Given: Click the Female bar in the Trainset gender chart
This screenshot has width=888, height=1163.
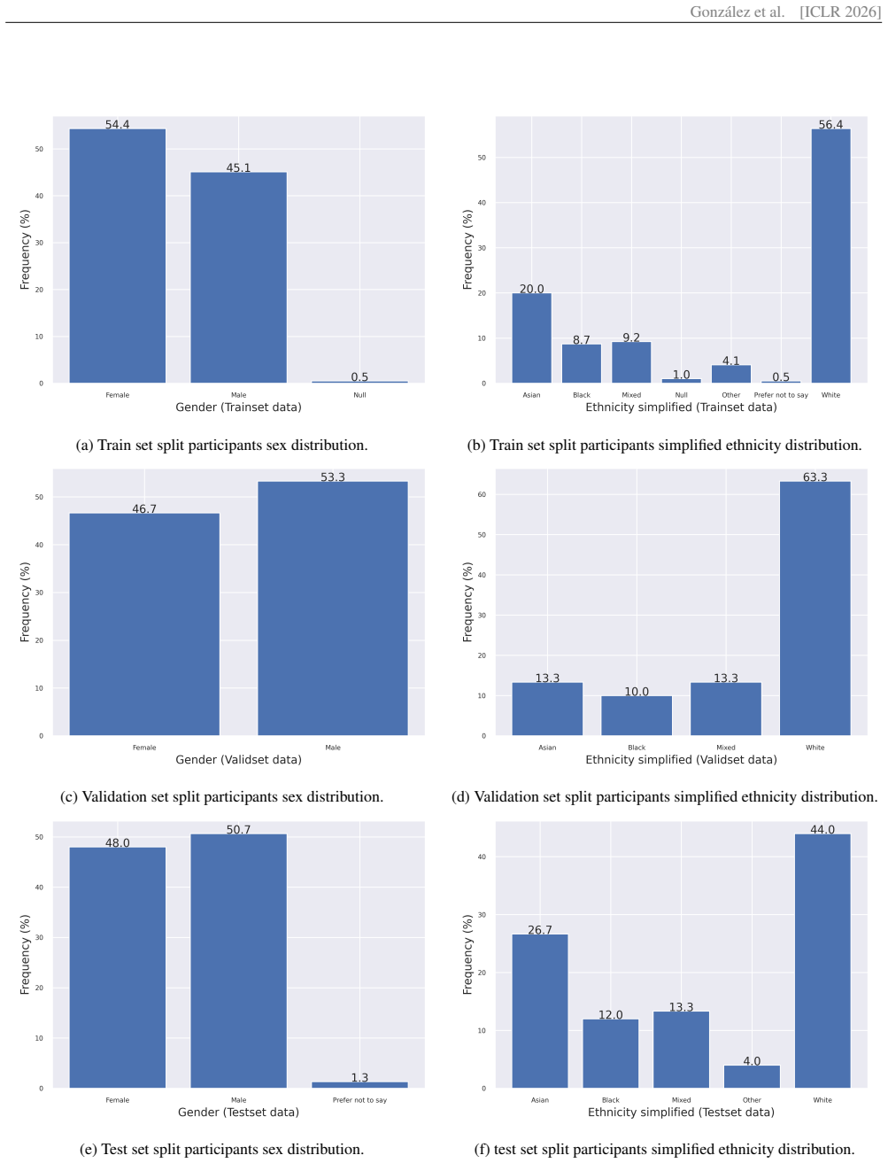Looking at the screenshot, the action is (118, 255).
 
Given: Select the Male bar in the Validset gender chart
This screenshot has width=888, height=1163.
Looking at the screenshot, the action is (333, 608).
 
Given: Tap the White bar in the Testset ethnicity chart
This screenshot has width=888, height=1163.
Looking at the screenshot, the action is (822, 960).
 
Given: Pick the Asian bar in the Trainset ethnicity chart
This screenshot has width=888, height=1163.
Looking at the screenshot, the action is (531, 337).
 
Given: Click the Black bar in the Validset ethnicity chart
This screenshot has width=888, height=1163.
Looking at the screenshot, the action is (637, 716).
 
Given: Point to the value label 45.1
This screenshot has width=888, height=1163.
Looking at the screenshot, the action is (238, 167).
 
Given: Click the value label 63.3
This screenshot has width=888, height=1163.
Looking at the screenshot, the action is (815, 477).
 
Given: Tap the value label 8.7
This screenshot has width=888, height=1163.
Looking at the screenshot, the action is (581, 339).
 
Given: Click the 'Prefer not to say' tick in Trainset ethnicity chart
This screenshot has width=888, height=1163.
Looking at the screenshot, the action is (781, 395).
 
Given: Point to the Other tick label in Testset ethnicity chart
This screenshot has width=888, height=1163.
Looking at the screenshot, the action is (752, 1100).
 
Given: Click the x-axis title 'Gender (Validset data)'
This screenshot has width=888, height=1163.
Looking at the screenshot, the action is (238, 759).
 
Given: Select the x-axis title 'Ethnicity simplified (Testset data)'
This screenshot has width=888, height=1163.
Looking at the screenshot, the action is (681, 1112).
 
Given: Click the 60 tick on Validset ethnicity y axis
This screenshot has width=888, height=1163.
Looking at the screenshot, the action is (482, 494).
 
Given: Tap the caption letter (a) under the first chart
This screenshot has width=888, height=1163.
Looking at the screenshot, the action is (84, 445).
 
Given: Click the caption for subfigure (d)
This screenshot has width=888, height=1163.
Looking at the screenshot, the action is (665, 796).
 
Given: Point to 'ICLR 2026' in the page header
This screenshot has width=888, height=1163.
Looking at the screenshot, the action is (840, 12).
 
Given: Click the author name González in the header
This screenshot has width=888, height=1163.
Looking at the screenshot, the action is (720, 12).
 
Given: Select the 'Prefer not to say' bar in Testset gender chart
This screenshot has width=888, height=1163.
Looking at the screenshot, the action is (359, 1084).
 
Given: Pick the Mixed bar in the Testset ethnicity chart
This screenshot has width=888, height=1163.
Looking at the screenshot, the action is (681, 1050).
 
